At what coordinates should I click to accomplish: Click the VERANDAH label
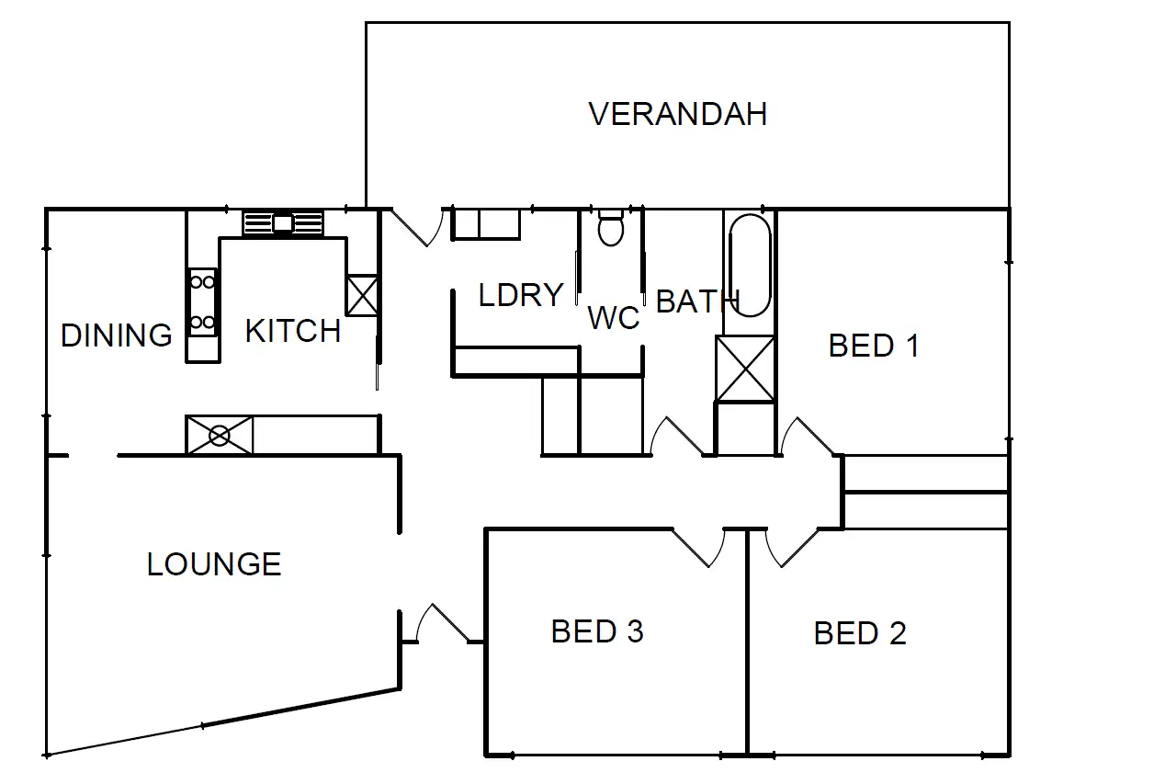tap(677, 114)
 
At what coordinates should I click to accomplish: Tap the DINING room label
tap(116, 335)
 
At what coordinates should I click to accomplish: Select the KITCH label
tap(292, 331)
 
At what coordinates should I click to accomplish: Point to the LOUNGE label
tap(214, 563)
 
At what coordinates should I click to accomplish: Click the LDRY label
tap(521, 295)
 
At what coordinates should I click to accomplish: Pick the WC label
tap(613, 318)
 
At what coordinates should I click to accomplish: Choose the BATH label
tap(697, 301)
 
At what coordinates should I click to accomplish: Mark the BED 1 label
tap(873, 346)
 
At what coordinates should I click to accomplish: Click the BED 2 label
tap(860, 633)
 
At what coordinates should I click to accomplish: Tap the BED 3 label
tap(597, 631)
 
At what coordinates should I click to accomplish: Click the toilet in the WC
tap(610, 227)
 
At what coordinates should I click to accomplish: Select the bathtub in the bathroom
tap(750, 266)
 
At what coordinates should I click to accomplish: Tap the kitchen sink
tap(283, 222)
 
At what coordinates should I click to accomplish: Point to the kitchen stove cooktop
tap(203, 301)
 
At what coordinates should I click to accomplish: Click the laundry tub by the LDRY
tap(486, 224)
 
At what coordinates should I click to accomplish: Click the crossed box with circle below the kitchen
tap(220, 436)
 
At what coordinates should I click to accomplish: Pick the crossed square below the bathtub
tap(745, 369)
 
